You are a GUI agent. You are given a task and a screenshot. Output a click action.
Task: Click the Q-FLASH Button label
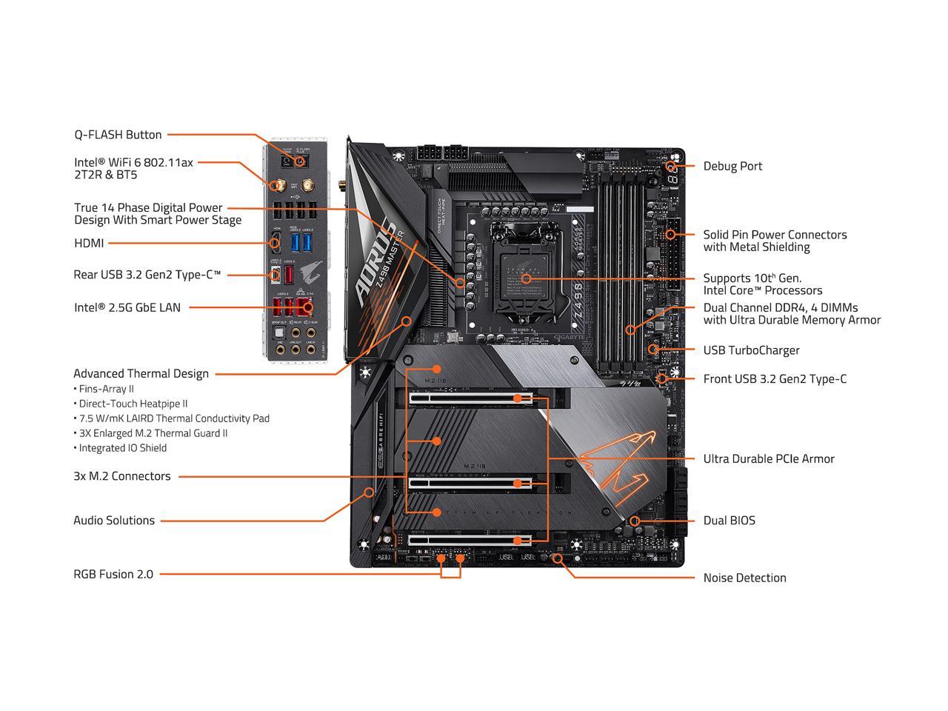(118, 135)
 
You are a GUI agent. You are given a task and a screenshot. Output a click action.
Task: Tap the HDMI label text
(89, 243)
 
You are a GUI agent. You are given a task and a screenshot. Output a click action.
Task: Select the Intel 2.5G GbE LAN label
(127, 307)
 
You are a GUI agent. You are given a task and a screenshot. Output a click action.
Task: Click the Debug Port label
(732, 166)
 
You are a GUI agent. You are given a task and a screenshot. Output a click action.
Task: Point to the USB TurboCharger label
(751, 350)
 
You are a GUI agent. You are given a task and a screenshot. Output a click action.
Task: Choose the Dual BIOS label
(729, 521)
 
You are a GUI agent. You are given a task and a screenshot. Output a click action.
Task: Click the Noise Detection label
(744, 578)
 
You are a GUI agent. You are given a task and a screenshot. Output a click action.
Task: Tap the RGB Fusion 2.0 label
(113, 574)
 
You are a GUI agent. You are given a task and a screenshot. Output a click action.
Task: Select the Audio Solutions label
(114, 521)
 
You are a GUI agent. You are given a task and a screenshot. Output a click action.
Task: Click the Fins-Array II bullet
(106, 389)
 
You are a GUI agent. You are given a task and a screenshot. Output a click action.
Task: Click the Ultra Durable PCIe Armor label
(768, 459)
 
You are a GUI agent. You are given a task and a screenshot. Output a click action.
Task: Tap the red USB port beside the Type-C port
(289, 274)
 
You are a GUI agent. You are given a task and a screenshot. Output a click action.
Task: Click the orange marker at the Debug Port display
(671, 167)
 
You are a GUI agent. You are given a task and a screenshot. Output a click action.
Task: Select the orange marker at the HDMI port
(275, 242)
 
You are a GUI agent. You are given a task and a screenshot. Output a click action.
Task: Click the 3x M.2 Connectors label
(121, 476)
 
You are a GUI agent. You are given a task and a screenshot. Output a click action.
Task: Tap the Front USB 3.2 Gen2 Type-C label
(775, 379)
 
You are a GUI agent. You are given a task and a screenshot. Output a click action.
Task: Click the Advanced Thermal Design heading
(141, 374)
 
